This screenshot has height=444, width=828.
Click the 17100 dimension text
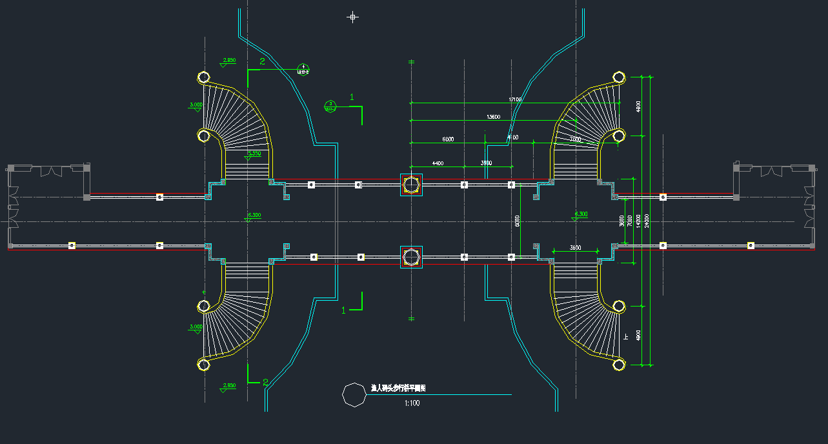[514, 99]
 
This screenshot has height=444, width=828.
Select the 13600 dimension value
[493, 117]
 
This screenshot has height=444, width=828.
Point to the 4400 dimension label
[438, 163]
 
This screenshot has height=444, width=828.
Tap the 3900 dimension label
[486, 163]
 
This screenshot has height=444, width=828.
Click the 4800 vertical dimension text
[638, 106]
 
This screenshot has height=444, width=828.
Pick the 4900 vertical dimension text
[638, 335]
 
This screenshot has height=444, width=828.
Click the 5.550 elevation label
[254, 154]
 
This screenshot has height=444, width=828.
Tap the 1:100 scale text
[412, 403]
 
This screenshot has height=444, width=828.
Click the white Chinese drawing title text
[398, 388]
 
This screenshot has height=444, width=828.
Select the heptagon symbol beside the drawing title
[354, 394]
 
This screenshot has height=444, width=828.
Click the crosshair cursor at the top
[352, 17]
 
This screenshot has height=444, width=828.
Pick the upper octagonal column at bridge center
[411, 185]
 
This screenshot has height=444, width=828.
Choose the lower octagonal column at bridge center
[411, 257]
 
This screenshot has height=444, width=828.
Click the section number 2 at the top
[262, 61]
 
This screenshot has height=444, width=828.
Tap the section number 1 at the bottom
[343, 310]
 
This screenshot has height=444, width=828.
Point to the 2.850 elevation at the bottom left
[229, 385]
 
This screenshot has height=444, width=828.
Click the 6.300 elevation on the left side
[254, 214]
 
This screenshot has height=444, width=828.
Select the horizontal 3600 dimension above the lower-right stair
[576, 247]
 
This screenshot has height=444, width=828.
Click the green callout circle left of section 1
[330, 105]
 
